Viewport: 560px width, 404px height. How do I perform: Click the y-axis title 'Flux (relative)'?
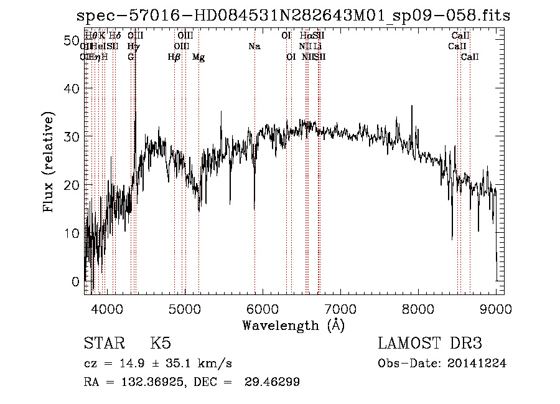pyautogui.click(x=50, y=161)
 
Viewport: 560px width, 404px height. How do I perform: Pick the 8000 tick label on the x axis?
pyautogui.click(x=418, y=308)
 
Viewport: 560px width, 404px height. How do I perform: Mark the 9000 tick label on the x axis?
pyautogui.click(x=496, y=308)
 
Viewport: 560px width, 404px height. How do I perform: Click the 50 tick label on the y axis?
pyautogui.click(x=71, y=40)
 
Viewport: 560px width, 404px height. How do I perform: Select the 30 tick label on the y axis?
pyautogui.click(x=71, y=137)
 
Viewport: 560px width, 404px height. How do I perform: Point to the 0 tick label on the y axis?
pyautogui.click(x=75, y=281)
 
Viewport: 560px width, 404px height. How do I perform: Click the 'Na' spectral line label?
pyautogui.click(x=254, y=46)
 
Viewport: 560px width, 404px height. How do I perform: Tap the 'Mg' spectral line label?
pyautogui.click(x=198, y=57)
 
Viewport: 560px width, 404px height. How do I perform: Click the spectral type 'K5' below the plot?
pyautogui.click(x=161, y=344)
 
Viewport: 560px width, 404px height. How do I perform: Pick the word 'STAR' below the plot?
pyautogui.click(x=103, y=344)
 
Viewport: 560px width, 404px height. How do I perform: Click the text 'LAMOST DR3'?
pyautogui.click(x=429, y=344)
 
